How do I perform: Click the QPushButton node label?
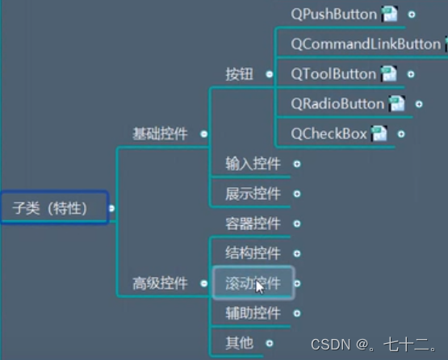point(333,14)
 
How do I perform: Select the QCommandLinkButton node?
point(365,44)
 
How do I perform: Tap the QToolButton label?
point(333,73)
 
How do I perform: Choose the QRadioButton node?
point(337,103)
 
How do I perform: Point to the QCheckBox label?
point(329,133)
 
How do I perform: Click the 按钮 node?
point(239,73)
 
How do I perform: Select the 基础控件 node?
point(160,133)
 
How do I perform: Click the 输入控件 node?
point(253,164)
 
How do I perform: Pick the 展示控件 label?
point(253,194)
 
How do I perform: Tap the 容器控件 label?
point(253,223)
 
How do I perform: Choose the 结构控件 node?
point(253,253)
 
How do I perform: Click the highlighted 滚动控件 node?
point(253,283)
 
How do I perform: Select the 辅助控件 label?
point(253,312)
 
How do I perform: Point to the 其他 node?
point(239,342)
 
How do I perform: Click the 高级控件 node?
point(160,283)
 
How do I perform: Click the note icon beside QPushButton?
point(390,14)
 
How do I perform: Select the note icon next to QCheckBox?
point(379,134)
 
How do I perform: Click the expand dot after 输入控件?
point(297,164)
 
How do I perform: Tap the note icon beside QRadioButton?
point(396,103)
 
